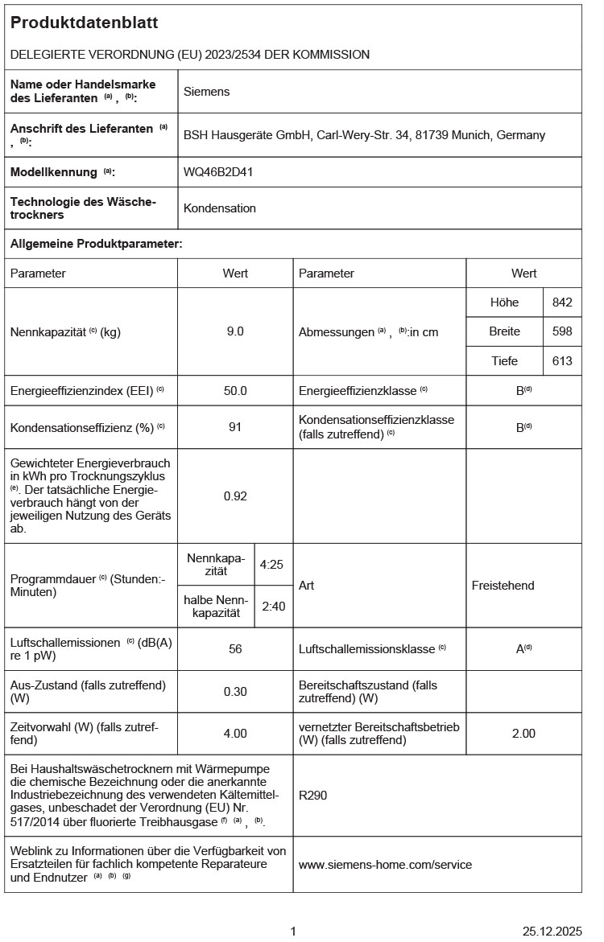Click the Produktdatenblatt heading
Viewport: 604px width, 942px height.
coord(84,23)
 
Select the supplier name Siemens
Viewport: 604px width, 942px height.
coord(206,92)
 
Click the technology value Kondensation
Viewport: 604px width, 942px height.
coord(220,208)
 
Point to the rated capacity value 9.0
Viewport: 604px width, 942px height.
coord(235,331)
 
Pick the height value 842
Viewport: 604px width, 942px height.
coord(562,302)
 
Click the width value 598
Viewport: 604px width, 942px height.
coord(562,331)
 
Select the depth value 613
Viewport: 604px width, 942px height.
coord(562,361)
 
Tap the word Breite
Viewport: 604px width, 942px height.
coord(505,331)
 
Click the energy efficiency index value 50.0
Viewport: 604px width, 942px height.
coord(235,391)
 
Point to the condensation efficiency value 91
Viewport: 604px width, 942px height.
coord(235,427)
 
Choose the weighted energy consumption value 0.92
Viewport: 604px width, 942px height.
coord(235,496)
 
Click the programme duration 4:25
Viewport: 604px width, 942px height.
coord(271,565)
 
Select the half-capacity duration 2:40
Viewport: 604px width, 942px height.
coord(273,606)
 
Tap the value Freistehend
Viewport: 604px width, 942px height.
coord(503,586)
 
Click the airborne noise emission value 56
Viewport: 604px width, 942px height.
coord(235,649)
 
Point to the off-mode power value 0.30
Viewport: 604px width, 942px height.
coord(235,692)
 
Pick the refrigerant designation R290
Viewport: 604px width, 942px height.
coord(312,796)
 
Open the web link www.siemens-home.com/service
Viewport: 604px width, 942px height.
coord(385,865)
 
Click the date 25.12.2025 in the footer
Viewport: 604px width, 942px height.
coord(552,932)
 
